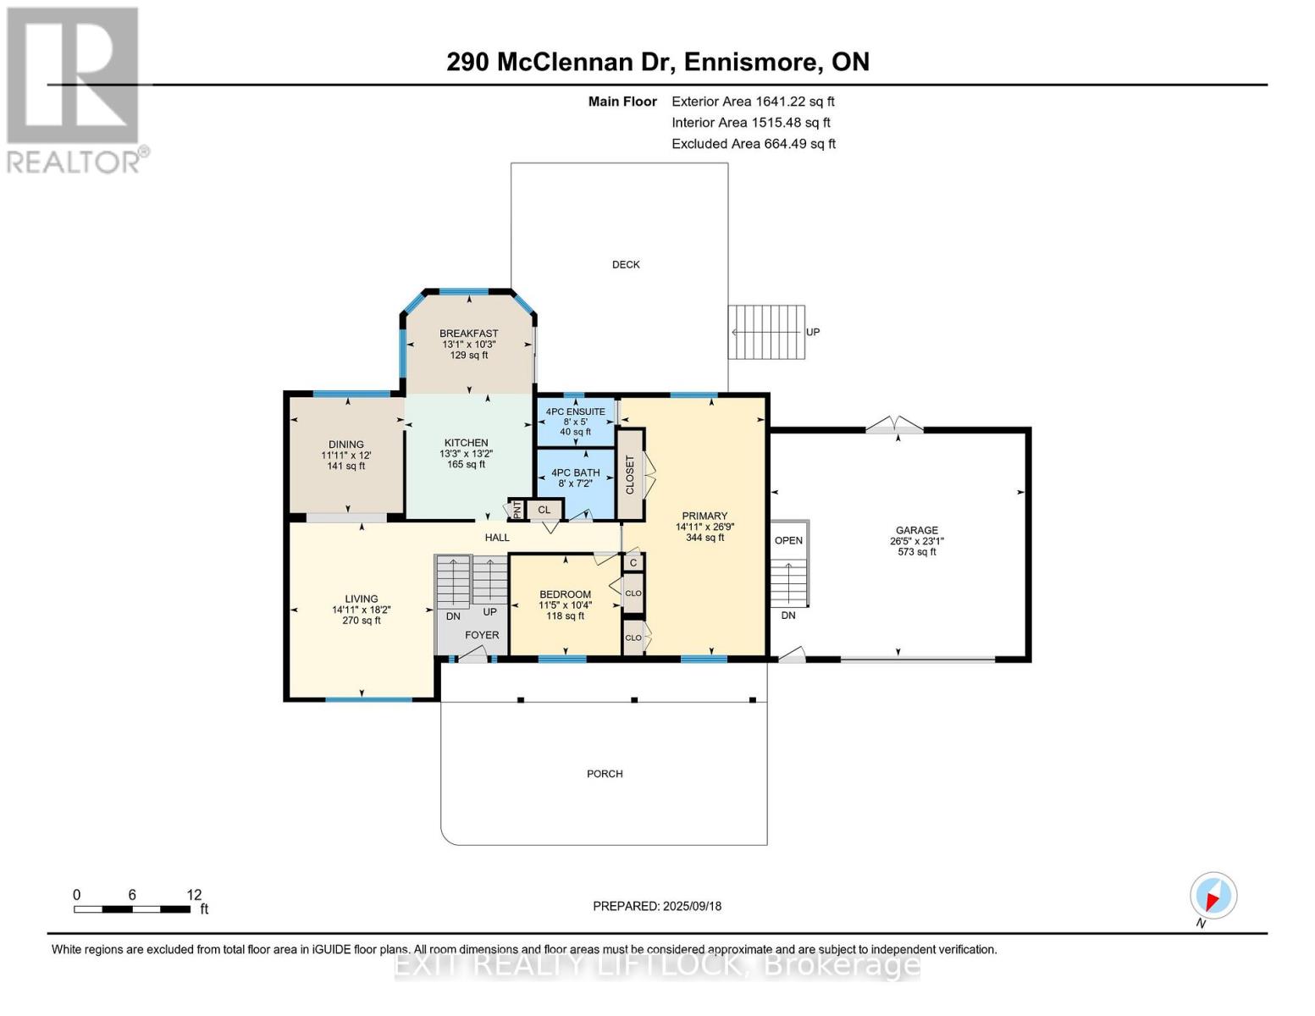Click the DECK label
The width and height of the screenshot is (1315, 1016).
[x=626, y=265]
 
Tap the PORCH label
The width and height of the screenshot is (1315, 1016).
[x=605, y=774]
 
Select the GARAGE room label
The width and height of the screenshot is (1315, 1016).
[x=916, y=530]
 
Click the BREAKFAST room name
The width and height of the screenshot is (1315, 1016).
[x=468, y=334]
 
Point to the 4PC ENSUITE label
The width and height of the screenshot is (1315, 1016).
[x=576, y=411]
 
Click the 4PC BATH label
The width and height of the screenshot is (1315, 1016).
[x=576, y=473]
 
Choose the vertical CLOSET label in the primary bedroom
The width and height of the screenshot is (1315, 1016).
[x=629, y=475]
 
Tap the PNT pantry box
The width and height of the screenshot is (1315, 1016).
[x=516, y=510]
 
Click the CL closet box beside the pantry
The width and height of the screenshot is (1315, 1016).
[x=544, y=510]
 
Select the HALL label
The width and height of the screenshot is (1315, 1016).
[x=497, y=538]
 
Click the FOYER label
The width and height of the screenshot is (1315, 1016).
[x=482, y=635]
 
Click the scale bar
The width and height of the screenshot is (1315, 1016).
[x=132, y=909]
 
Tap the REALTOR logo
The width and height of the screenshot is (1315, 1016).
[x=74, y=89]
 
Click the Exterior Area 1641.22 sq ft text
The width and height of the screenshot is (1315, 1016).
[x=753, y=102]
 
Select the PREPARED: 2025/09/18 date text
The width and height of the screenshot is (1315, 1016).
[x=657, y=906]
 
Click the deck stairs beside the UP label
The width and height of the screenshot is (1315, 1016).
[x=767, y=332]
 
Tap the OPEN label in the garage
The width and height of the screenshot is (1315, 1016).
[x=788, y=541]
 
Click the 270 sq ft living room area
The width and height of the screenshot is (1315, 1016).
[x=361, y=621]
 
